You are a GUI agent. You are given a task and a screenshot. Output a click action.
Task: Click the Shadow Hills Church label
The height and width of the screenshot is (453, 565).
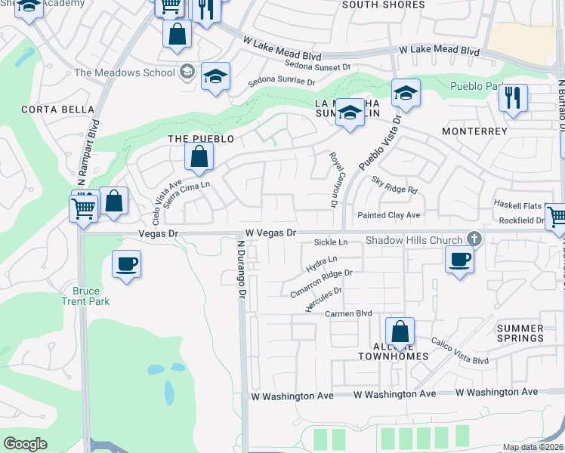pyautogui.click(x=414, y=240)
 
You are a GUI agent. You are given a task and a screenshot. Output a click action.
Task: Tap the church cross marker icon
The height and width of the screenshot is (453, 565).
pyautogui.click(x=474, y=239)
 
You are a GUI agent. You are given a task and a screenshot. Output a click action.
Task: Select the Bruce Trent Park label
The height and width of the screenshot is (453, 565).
pyautogui.click(x=91, y=296)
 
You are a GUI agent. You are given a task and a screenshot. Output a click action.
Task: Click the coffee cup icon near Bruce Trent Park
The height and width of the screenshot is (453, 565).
pyautogui.click(x=126, y=264)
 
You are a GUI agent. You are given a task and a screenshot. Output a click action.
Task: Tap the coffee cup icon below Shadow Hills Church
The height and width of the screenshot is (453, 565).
pyautogui.click(x=459, y=260)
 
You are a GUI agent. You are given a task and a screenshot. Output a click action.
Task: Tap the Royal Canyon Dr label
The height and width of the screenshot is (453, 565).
pyautogui.click(x=332, y=179)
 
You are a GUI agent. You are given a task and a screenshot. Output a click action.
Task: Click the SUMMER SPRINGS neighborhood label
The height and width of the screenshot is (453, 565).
pyautogui.click(x=520, y=334)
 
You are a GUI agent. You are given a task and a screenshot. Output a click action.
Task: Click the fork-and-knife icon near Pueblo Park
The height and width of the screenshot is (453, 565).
pyautogui.click(x=513, y=97)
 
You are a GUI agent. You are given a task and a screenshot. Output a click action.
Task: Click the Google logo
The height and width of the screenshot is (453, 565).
pyautogui.click(x=25, y=443)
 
